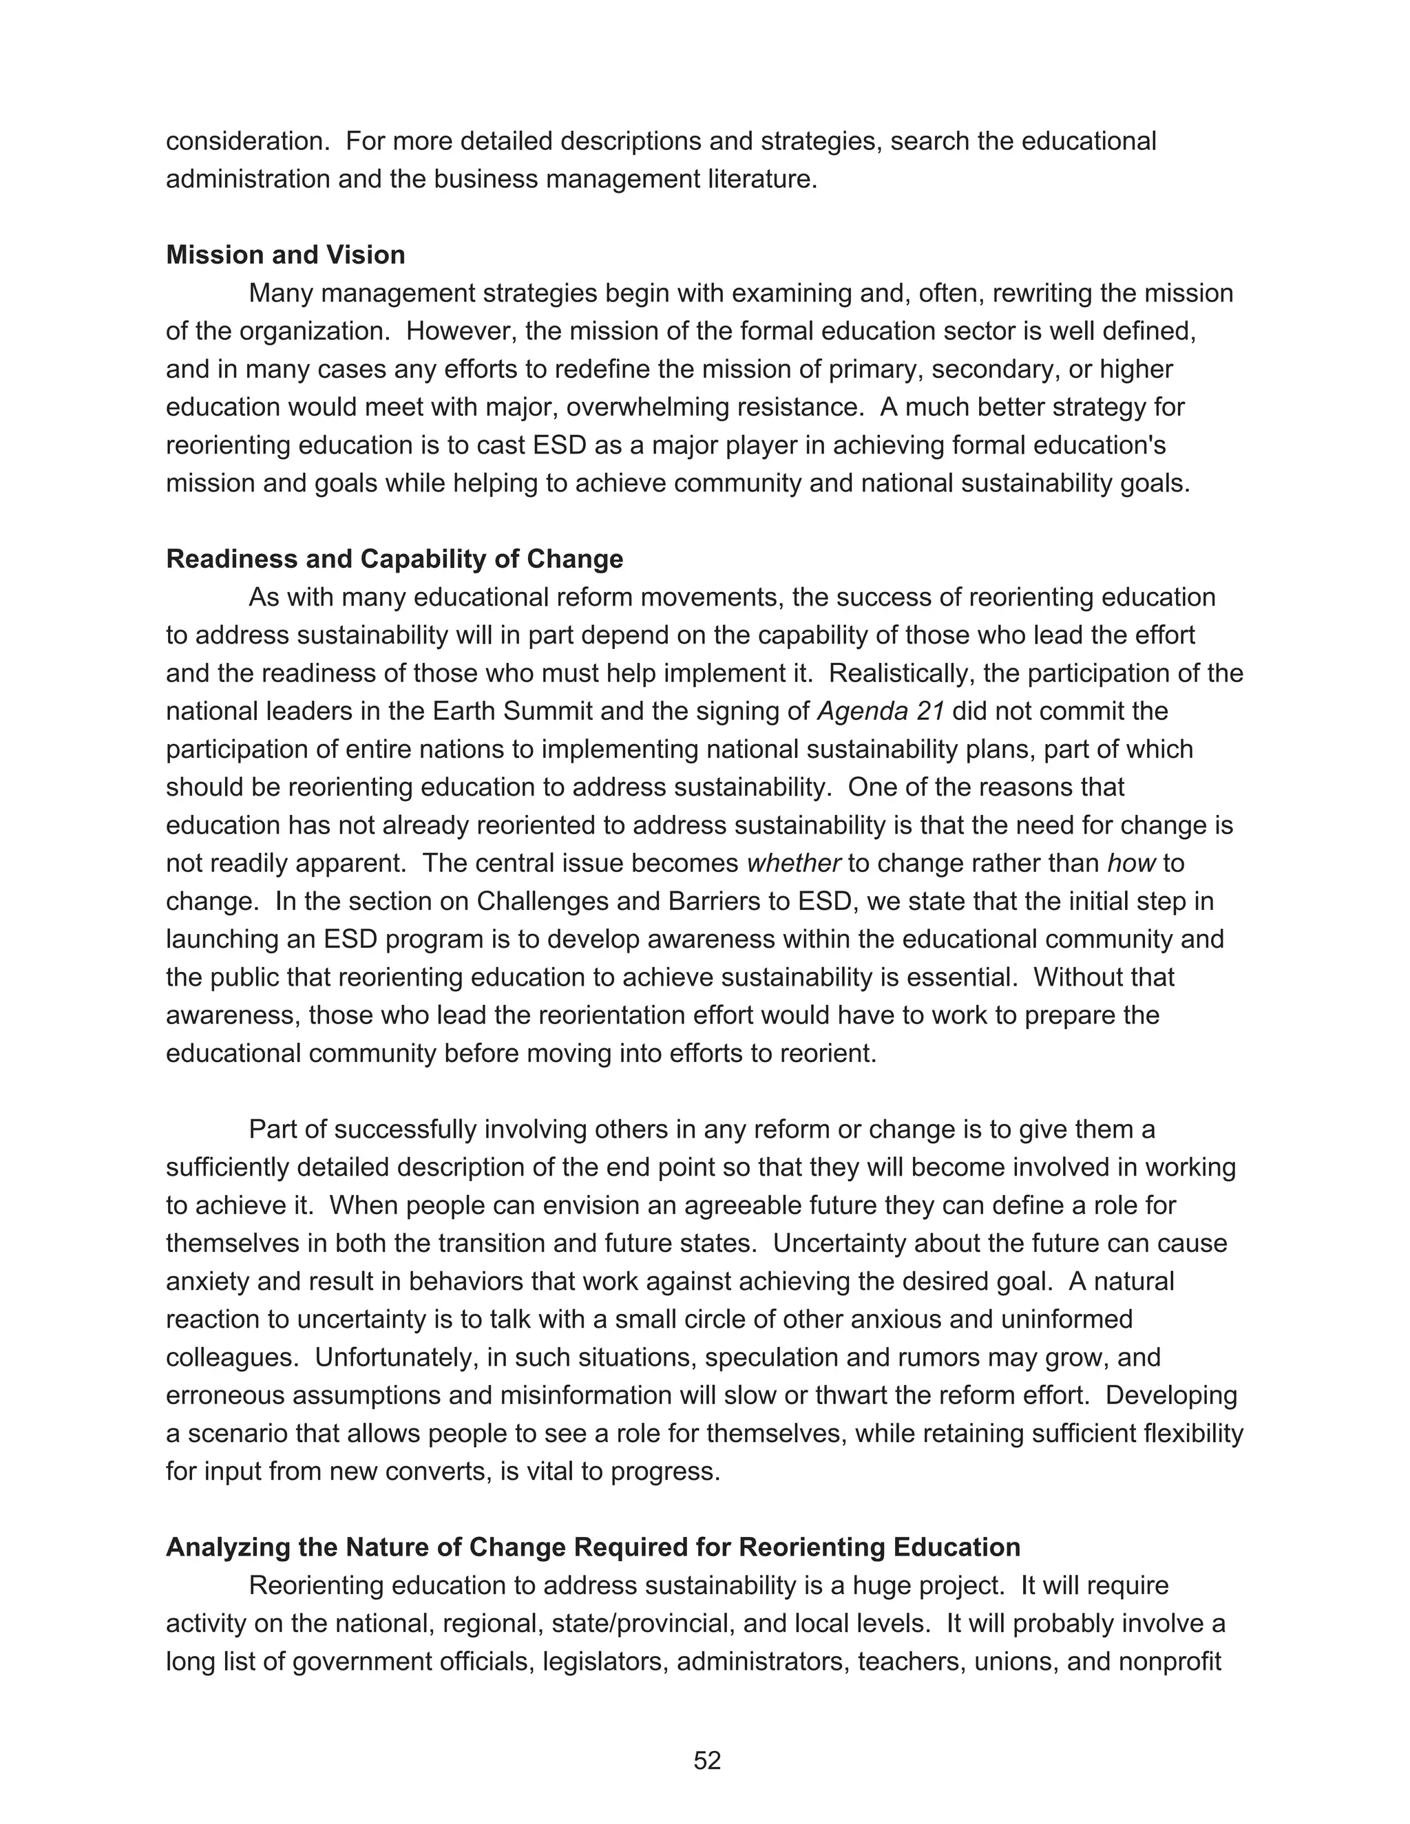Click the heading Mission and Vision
[285, 255]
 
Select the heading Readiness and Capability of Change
[394, 559]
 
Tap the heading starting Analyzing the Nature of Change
[592, 1547]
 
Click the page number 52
[706, 1761]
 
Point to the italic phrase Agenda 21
[881, 712]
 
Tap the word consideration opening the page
[247, 141]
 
